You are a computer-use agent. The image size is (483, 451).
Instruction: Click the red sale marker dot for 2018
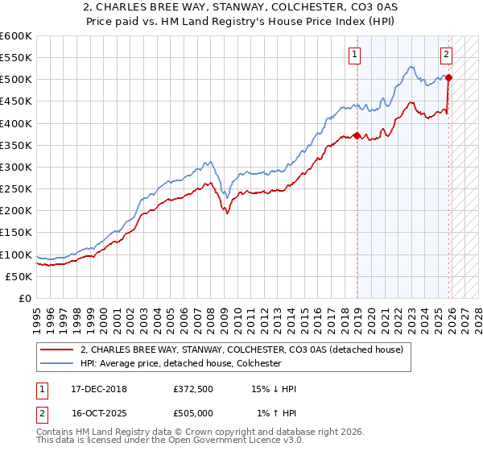[x=357, y=135]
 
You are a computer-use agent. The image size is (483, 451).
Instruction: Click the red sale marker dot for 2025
[x=448, y=78]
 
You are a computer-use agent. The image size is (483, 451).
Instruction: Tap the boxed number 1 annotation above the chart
[x=354, y=55]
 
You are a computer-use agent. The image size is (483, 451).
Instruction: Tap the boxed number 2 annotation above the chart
[x=446, y=55]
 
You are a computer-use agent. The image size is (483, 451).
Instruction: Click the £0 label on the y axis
[x=24, y=298]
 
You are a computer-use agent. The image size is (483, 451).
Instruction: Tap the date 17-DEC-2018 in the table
[x=93, y=389]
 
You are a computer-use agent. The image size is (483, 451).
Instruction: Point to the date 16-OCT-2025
[x=93, y=413]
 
